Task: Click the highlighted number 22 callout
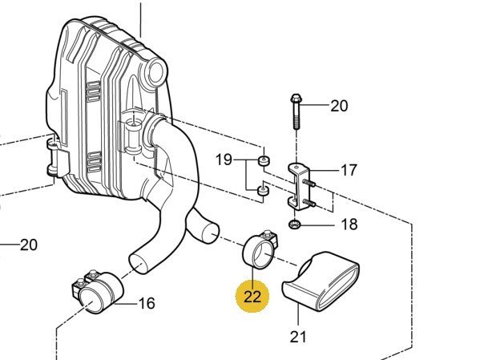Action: click(252, 297)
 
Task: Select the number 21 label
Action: click(298, 337)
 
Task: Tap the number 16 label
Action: click(147, 303)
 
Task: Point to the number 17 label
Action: click(349, 170)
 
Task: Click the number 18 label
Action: click(349, 224)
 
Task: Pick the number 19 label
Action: click(224, 160)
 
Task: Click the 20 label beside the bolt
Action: click(339, 106)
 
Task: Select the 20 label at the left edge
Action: click(29, 245)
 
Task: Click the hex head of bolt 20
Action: click(295, 99)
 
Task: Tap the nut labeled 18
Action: click(294, 224)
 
